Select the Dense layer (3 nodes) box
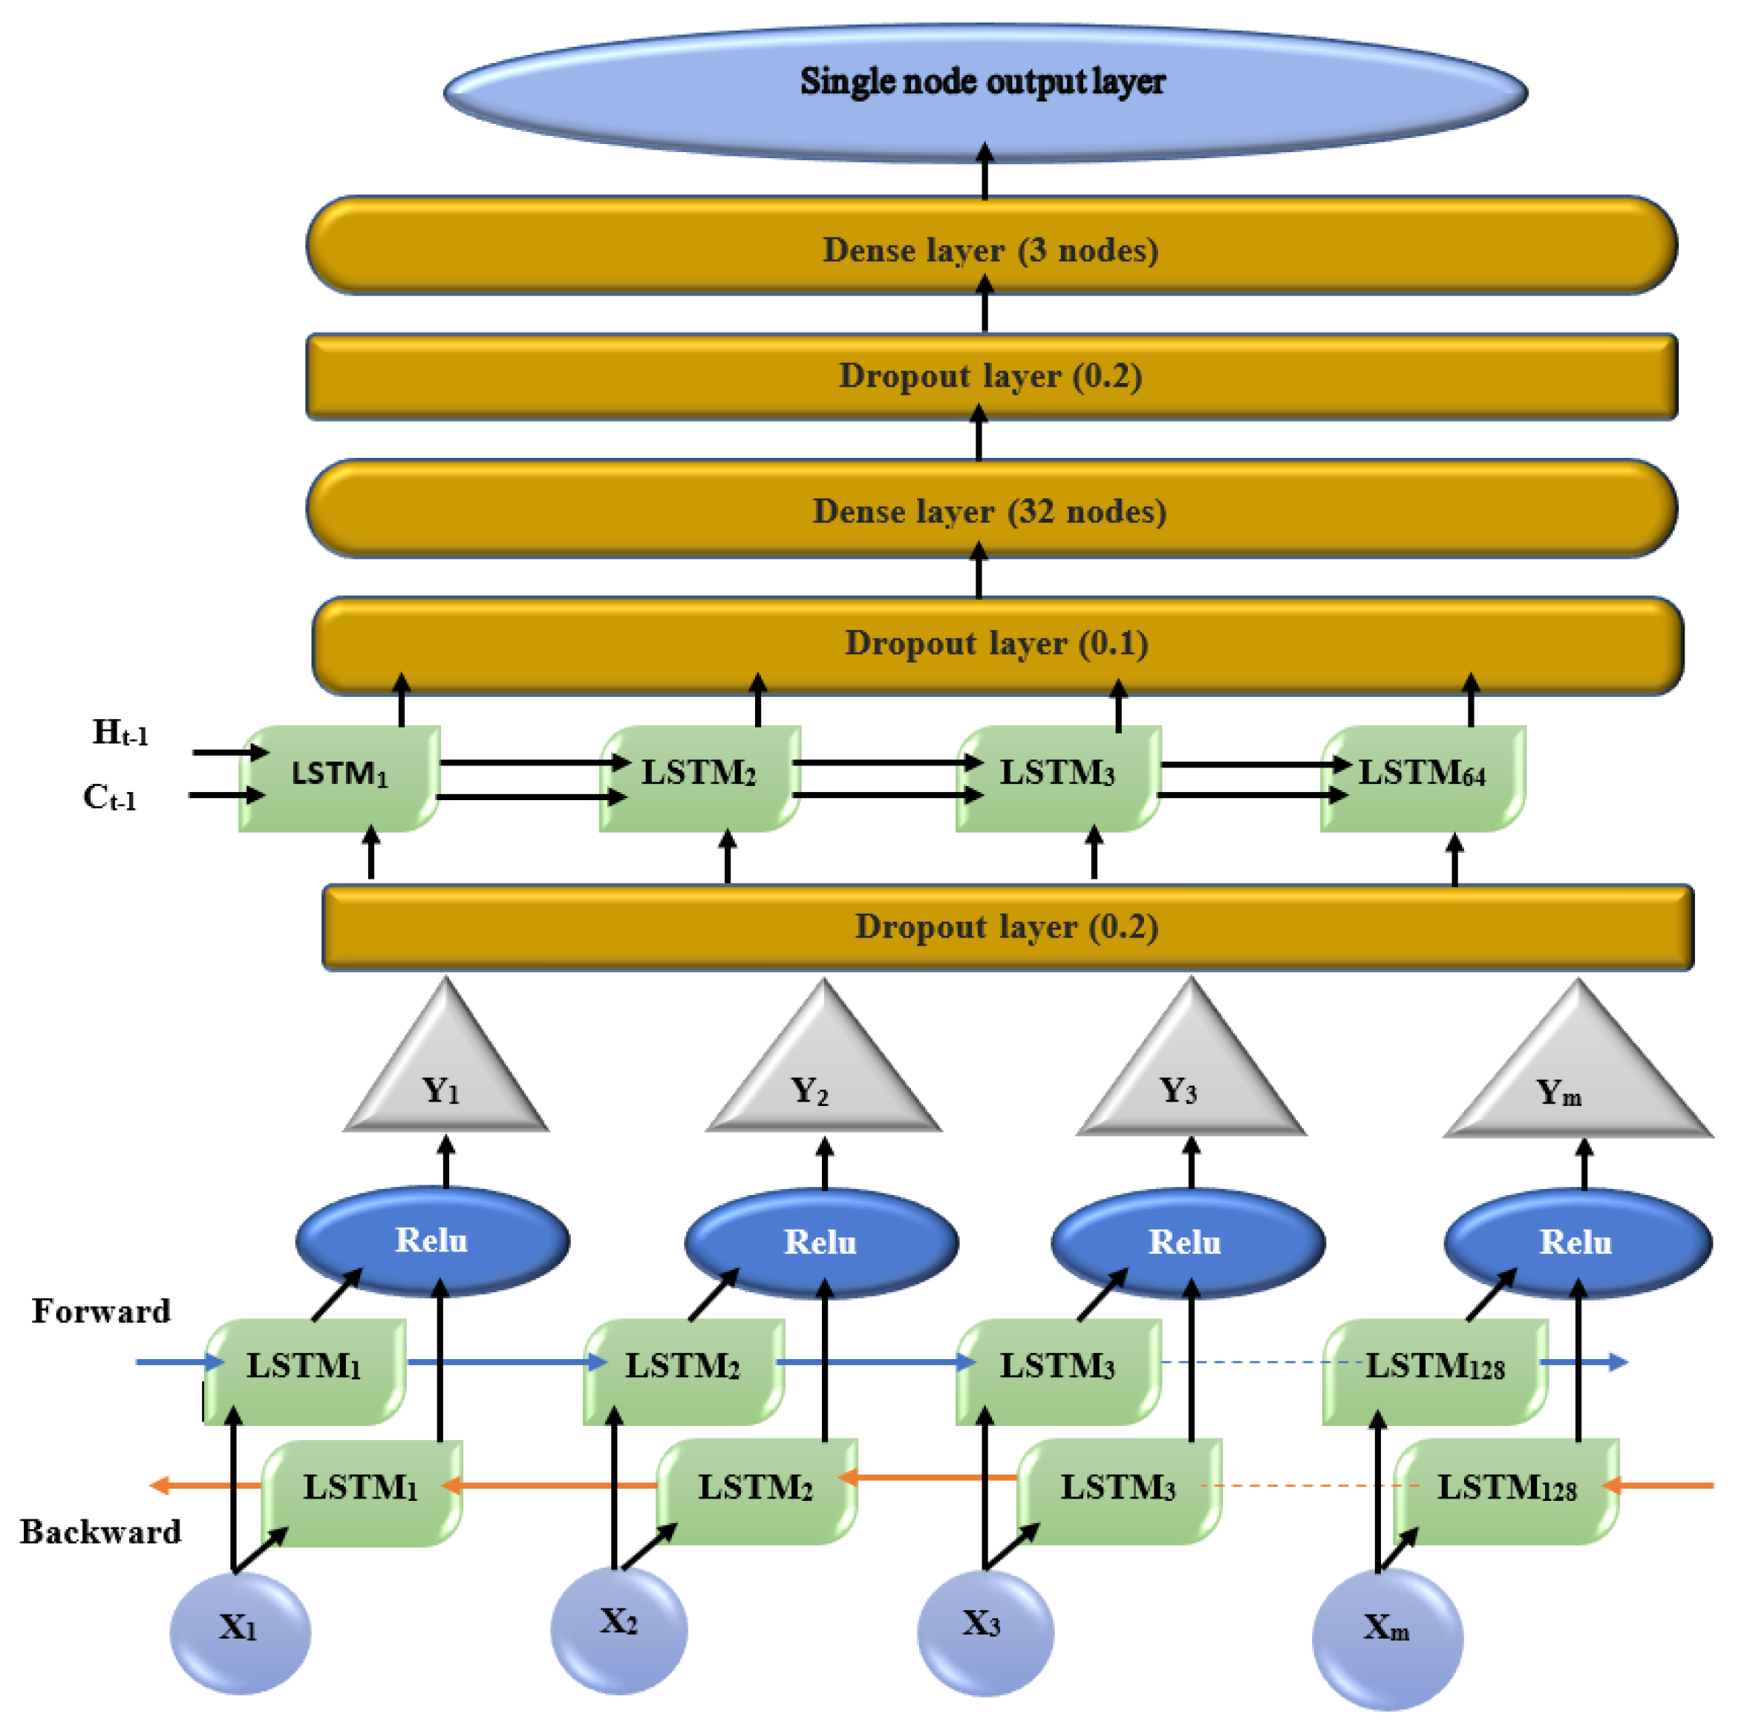990,246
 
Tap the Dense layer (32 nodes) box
990,510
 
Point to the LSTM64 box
1422,776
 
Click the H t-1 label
120,733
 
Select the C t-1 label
109,797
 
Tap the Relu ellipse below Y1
431,1240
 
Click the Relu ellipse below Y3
1186,1243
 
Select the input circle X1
240,1627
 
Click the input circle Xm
1385,1632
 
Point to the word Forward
100,1311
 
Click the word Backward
100,1531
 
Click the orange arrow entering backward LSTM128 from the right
1664,1485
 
